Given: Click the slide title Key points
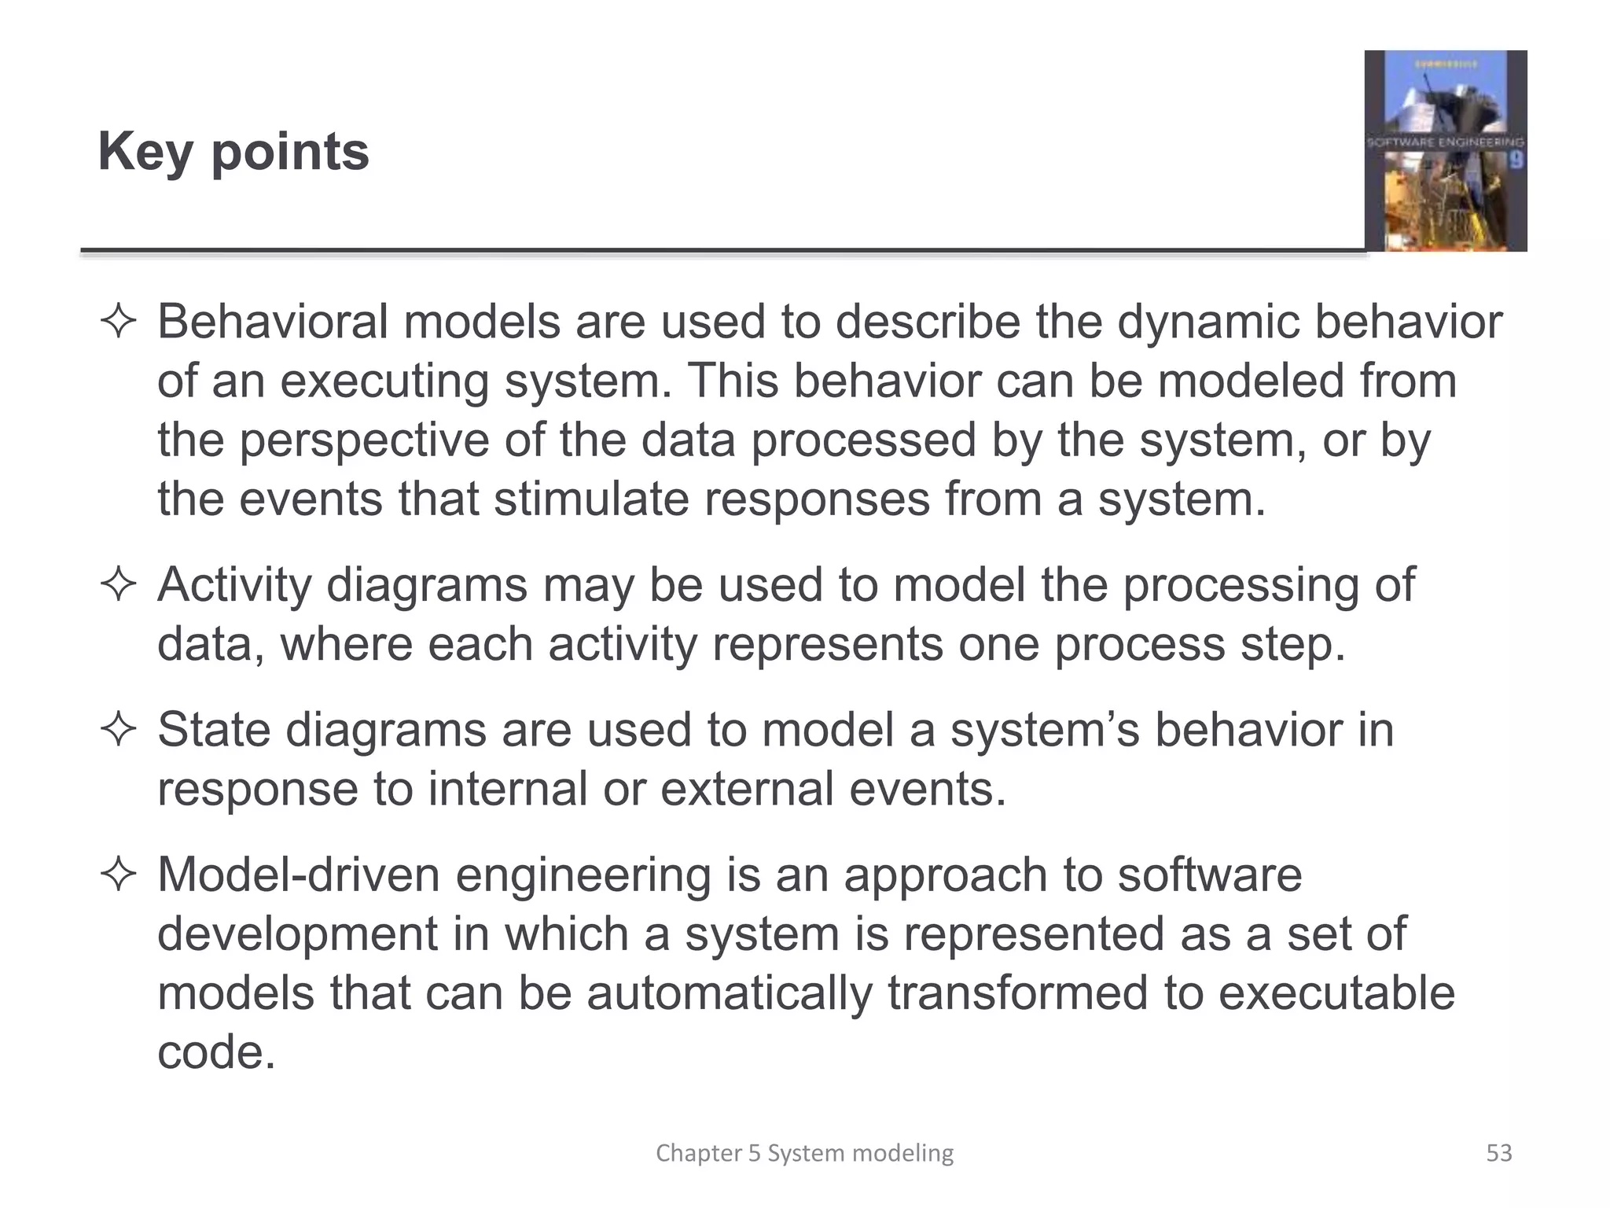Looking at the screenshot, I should pyautogui.click(x=233, y=151).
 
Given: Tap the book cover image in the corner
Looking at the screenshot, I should pyautogui.click(x=1445, y=151).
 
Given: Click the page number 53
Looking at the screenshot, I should pyautogui.click(x=1498, y=1153).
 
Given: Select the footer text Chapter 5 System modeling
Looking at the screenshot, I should pyautogui.click(x=804, y=1153).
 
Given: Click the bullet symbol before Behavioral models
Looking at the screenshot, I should pyautogui.click(x=119, y=322).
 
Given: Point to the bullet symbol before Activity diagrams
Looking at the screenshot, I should pyautogui.click(x=119, y=585).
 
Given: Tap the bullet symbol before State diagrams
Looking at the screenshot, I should pyautogui.click(x=119, y=730).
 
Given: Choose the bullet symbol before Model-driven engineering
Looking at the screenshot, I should pyautogui.click(x=119, y=875).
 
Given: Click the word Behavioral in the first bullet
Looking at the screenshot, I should pyautogui.click(x=272, y=322).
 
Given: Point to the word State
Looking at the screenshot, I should pyautogui.click(x=213, y=730).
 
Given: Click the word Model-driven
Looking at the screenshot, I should pyautogui.click(x=298, y=875).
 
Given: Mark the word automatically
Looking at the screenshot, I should pyautogui.click(x=729, y=993).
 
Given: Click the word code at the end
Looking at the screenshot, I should pyautogui.click(x=216, y=1051).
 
